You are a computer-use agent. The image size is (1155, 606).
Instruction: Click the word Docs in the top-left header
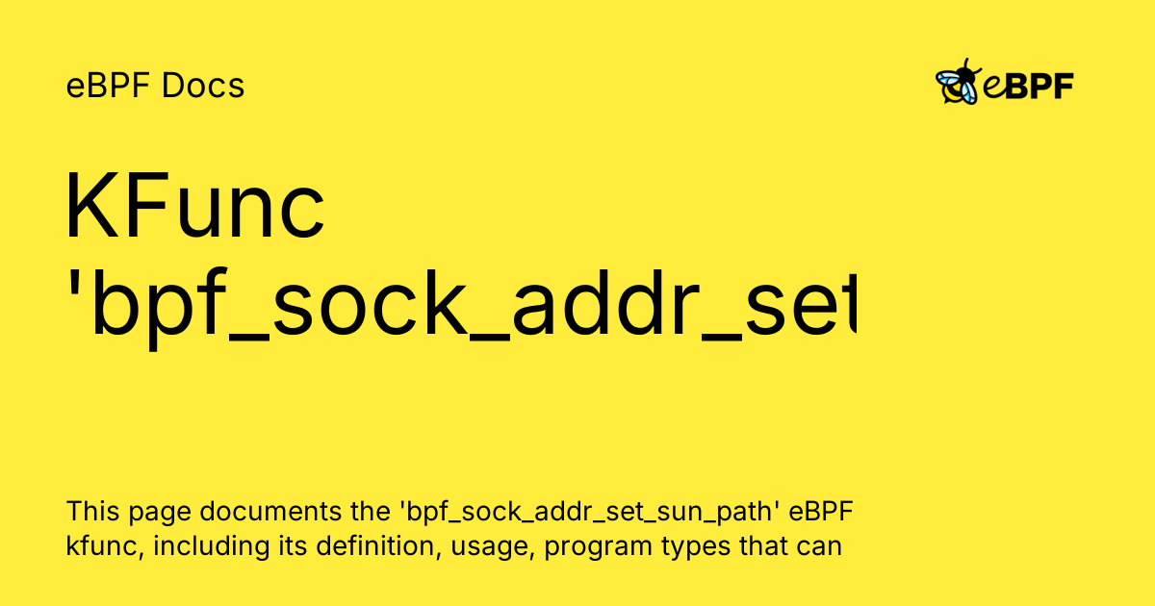203,87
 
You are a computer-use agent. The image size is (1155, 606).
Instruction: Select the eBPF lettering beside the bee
1028,86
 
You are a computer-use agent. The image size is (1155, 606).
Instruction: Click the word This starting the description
89,511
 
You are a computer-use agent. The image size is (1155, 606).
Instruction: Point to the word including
197,547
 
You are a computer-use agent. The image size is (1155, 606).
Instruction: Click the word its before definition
272,547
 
